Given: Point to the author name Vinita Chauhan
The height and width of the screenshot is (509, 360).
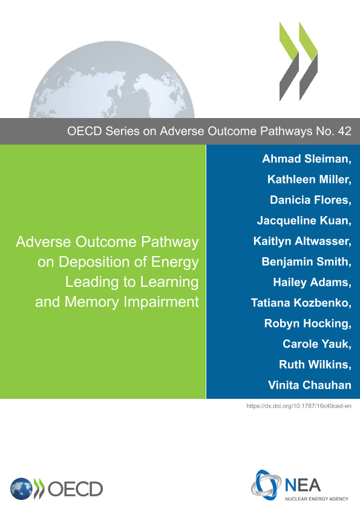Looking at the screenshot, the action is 310,385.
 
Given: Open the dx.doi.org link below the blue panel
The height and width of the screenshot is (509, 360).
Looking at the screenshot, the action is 299,406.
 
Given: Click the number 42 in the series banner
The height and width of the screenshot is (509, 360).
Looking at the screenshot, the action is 344,131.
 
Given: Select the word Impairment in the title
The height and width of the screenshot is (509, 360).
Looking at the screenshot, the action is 161,302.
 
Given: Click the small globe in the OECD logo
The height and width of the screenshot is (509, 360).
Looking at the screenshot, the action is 21,489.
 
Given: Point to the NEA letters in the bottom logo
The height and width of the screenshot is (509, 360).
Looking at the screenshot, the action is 303,485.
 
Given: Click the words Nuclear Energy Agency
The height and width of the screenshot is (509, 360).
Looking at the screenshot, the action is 317,499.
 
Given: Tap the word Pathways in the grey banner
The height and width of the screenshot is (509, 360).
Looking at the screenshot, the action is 287,131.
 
